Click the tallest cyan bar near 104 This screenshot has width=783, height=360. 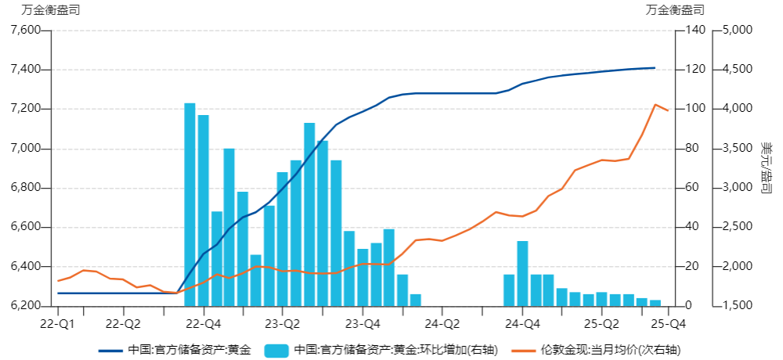click(189, 203)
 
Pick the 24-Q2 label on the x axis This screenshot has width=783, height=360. click(442, 322)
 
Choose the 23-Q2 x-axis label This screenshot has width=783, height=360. click(283, 322)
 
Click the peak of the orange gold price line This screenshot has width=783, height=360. click(655, 104)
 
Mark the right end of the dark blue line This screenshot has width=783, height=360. click(655, 68)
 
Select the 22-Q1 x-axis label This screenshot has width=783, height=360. click(56, 322)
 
